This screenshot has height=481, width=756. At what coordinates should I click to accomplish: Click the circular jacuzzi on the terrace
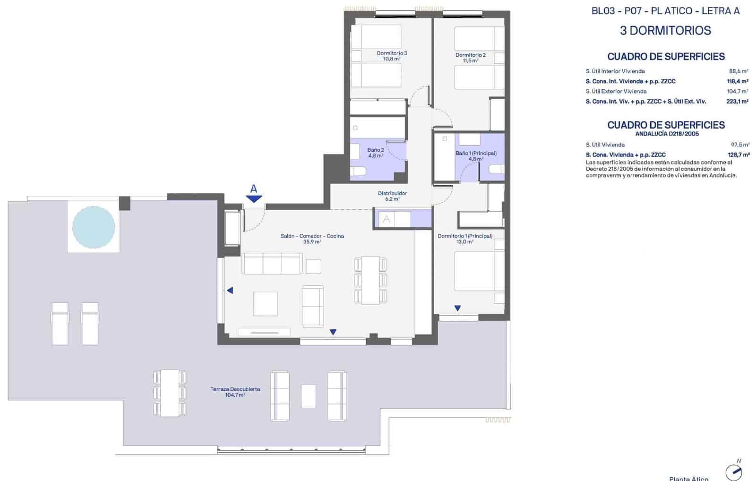94,227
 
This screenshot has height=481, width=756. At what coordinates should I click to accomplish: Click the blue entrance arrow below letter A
254,199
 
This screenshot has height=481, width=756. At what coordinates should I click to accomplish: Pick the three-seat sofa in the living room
272,264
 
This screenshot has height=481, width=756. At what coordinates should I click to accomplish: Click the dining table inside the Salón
371,280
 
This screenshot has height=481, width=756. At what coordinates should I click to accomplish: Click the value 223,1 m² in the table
737,102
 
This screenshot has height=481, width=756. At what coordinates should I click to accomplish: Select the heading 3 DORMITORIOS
665,31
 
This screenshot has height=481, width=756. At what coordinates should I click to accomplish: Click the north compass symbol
734,471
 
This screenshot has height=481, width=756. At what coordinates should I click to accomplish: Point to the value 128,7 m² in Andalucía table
739,155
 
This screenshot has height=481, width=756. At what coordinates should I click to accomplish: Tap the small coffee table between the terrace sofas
308,396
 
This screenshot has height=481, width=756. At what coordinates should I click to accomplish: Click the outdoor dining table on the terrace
169,393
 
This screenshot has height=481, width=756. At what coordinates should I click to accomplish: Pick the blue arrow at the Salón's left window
230,291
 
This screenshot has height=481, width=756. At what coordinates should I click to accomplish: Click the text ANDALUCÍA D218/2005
667,134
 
